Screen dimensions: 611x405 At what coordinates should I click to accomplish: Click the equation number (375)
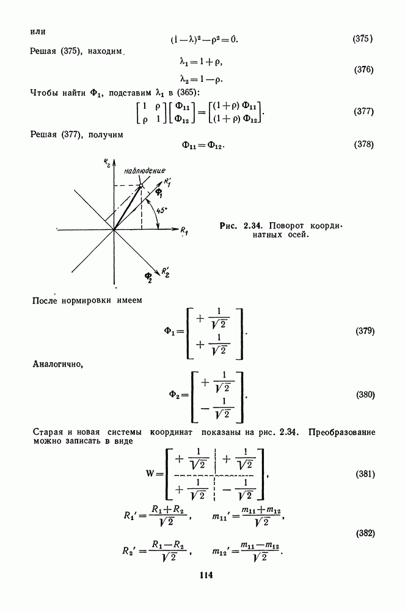(x=363, y=39)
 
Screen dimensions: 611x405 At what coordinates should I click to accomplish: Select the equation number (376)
(x=363, y=70)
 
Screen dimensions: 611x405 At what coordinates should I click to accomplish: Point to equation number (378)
(x=363, y=145)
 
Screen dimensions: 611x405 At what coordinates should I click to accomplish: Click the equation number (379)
(x=365, y=331)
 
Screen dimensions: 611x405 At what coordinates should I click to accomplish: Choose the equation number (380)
(x=365, y=394)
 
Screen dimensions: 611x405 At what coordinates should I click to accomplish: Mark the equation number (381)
(x=365, y=474)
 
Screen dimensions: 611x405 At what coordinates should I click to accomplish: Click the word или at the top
(x=38, y=29)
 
